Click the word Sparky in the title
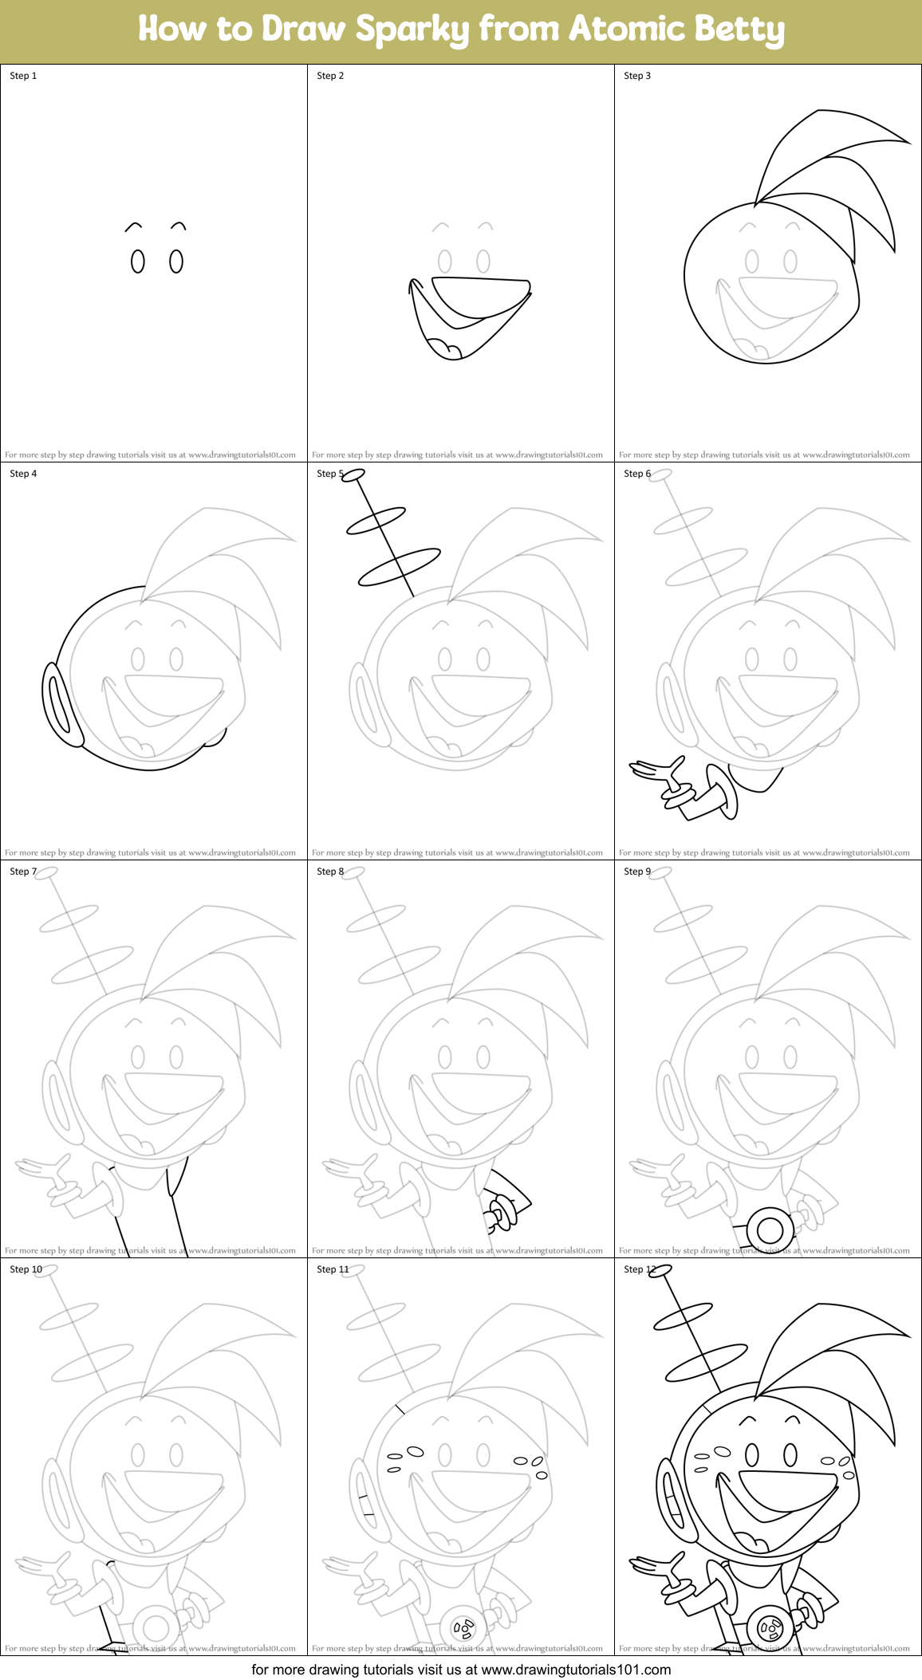pos(413,30)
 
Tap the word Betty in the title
pos(739,30)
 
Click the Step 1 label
pos(23,76)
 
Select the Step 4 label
pos(23,474)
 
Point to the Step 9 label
pos(637,871)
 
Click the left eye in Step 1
pos(138,262)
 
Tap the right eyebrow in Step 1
pos(179,226)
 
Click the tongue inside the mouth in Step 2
pos(445,348)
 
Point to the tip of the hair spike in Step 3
pos(908,142)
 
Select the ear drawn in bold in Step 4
pos(60,706)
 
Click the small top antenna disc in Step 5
pos(353,476)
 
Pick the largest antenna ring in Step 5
pos(399,567)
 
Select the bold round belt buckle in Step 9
pos(770,1230)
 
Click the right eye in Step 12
pos(790,1455)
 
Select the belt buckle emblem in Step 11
pos(463,1627)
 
